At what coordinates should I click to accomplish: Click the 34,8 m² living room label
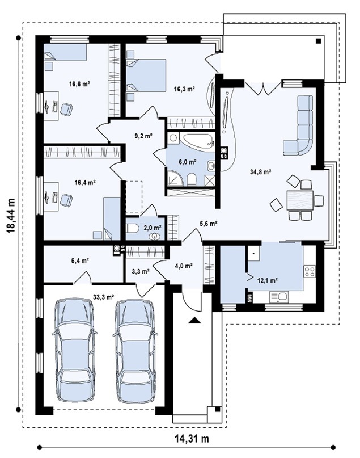click(261, 172)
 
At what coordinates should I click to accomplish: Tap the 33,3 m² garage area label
click(103, 297)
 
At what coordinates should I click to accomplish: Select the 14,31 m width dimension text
click(192, 439)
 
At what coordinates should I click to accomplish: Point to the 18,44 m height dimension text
click(11, 216)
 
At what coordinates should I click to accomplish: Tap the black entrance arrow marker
click(194, 321)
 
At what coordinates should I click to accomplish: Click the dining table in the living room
click(300, 200)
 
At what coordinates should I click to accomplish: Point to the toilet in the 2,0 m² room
click(133, 228)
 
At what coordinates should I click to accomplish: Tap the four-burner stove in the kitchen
click(310, 271)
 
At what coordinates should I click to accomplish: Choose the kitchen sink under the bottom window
click(279, 297)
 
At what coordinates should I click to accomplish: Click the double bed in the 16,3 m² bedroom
click(146, 75)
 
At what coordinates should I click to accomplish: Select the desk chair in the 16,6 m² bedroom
click(66, 109)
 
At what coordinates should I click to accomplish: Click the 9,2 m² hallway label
click(143, 136)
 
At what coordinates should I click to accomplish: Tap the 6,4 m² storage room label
click(80, 260)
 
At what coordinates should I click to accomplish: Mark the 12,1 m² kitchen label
click(267, 281)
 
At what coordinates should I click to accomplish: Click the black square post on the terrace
click(319, 41)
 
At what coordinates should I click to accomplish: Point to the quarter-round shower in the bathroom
click(174, 178)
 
